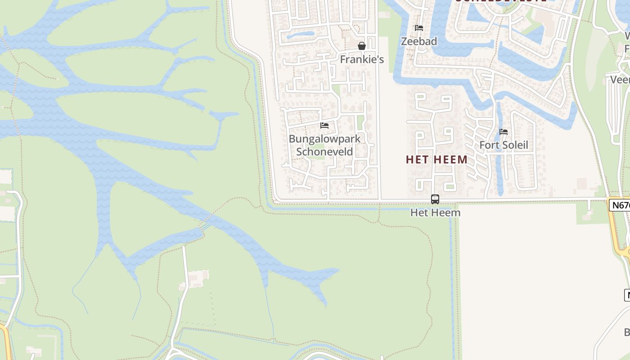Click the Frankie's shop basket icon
click(x=361, y=46)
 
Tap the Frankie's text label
click(x=361, y=59)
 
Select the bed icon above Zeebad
click(x=419, y=28)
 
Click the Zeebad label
click(x=419, y=41)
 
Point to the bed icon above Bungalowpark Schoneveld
click(x=324, y=126)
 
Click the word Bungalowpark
click(x=324, y=139)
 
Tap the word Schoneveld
click(x=324, y=152)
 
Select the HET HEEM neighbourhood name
click(x=436, y=160)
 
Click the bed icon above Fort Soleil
click(x=504, y=132)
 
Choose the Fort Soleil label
click(x=504, y=145)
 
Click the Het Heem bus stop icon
click(x=435, y=199)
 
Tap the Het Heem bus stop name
click(x=435, y=212)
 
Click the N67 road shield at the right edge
click(x=620, y=205)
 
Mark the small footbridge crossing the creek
click(x=205, y=225)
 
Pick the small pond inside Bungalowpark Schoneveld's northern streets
click(x=300, y=34)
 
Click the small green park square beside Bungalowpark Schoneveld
click(x=360, y=122)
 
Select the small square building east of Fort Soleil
click(x=582, y=184)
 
